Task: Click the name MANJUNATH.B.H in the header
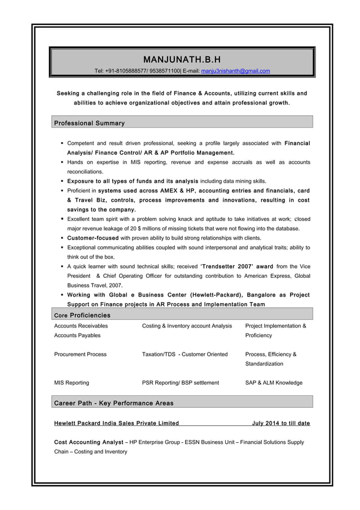tap(182, 59)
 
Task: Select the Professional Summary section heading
tap(89, 123)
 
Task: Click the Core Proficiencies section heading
tap(82, 315)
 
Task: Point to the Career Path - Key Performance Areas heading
tap(114, 403)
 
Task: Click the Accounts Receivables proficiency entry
tap(81, 326)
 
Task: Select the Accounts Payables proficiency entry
tap(77, 335)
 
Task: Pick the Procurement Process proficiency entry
tap(80, 355)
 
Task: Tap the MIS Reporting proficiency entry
tap(72, 383)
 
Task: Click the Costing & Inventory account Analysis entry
tap(187, 326)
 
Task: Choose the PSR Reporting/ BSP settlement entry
tap(181, 383)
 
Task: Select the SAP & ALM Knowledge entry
tap(274, 383)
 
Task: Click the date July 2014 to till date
tap(280, 424)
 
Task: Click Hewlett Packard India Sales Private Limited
tap(117, 424)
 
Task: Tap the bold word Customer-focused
tap(93, 238)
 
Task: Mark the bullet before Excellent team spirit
tap(62, 219)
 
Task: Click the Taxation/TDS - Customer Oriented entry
tap(185, 355)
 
